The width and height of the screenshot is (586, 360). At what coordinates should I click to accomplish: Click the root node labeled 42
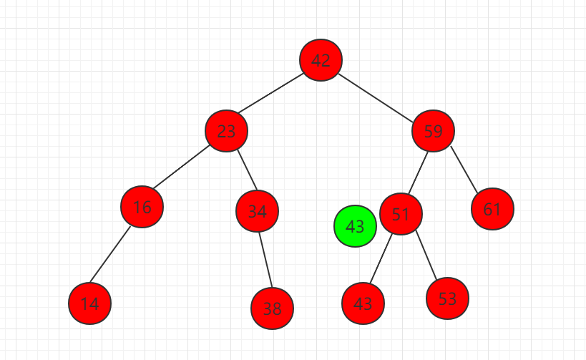(321, 60)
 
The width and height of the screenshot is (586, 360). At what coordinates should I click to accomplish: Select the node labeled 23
(226, 131)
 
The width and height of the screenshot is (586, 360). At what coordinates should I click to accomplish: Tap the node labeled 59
(433, 131)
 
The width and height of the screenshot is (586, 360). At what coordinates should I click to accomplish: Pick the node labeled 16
(142, 207)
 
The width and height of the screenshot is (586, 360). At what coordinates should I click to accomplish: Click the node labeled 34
(257, 211)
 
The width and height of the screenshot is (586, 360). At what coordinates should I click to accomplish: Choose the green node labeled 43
(355, 226)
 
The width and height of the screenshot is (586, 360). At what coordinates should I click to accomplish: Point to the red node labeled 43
(363, 303)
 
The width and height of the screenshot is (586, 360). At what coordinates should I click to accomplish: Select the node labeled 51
(401, 214)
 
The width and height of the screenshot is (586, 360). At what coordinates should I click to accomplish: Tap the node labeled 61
(492, 209)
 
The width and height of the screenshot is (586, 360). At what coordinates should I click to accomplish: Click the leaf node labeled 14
(89, 303)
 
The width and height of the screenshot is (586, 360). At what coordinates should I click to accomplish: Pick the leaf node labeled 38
(272, 308)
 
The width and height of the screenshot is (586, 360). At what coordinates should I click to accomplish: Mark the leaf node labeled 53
(447, 298)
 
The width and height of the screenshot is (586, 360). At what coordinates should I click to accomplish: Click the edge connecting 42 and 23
(270, 93)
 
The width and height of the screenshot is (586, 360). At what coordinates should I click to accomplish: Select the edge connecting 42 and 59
(376, 98)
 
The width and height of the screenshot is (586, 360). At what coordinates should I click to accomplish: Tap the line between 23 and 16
(181, 167)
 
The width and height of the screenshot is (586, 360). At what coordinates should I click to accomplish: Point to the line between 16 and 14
(110, 255)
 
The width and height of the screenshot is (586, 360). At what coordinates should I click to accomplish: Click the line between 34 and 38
(265, 261)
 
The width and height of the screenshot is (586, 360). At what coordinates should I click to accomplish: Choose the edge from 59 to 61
(464, 170)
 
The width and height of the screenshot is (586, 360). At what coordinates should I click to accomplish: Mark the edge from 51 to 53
(426, 256)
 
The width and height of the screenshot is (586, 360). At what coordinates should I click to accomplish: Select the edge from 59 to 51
(418, 172)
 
